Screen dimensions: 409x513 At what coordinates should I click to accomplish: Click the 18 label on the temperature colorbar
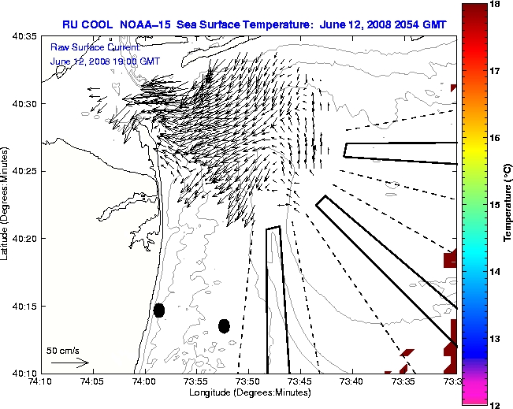[x=496, y=5]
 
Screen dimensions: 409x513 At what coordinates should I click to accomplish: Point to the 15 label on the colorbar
[x=496, y=205]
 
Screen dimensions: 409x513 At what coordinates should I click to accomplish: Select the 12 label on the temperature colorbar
[x=496, y=404]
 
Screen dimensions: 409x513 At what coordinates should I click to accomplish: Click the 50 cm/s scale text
[x=62, y=351]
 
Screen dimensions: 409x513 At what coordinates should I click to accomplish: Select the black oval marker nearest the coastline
[x=158, y=310]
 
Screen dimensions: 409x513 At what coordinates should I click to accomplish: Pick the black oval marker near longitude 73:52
[x=224, y=325]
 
